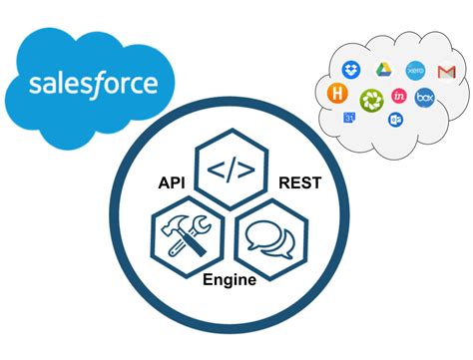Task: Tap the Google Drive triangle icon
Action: (382, 70)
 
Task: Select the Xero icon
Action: (414, 71)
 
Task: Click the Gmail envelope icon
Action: (446, 72)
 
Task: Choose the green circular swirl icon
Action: (370, 99)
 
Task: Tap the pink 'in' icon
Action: (399, 96)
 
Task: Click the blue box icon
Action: (425, 98)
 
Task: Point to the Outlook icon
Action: (394, 120)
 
